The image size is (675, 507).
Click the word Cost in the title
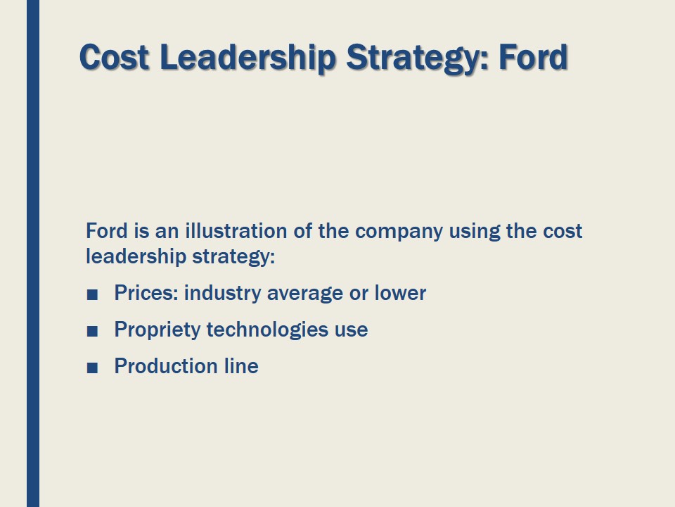click(x=114, y=57)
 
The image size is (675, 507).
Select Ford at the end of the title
click(x=533, y=57)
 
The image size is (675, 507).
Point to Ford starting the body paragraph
click(x=105, y=231)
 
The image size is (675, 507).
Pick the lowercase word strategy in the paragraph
click(x=231, y=257)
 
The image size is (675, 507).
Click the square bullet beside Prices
click(x=91, y=294)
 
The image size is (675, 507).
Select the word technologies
click(x=266, y=330)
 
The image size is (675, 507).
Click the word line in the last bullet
click(x=241, y=366)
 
